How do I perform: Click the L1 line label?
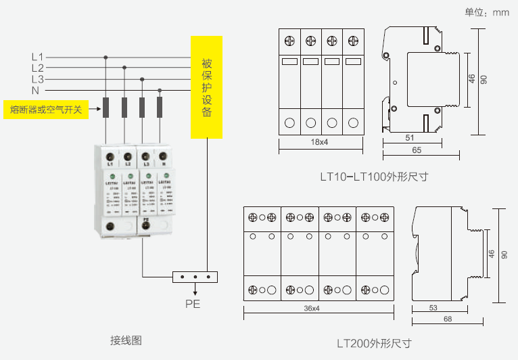click(37, 58)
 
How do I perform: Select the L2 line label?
click(37, 68)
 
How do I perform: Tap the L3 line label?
click(37, 79)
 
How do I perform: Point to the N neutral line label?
click(35, 90)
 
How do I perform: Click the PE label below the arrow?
click(193, 304)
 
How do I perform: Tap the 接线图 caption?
click(126, 340)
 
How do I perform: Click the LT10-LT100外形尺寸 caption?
click(374, 177)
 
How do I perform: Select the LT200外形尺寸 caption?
click(374, 343)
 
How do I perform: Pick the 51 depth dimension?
click(410, 138)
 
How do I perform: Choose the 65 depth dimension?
click(417, 150)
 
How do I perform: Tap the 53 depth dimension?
click(433, 308)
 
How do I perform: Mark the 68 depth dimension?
click(447, 319)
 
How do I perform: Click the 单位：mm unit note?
click(487, 12)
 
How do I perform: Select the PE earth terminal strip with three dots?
click(195, 277)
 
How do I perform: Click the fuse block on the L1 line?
click(106, 108)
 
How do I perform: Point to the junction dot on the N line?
click(160, 90)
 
